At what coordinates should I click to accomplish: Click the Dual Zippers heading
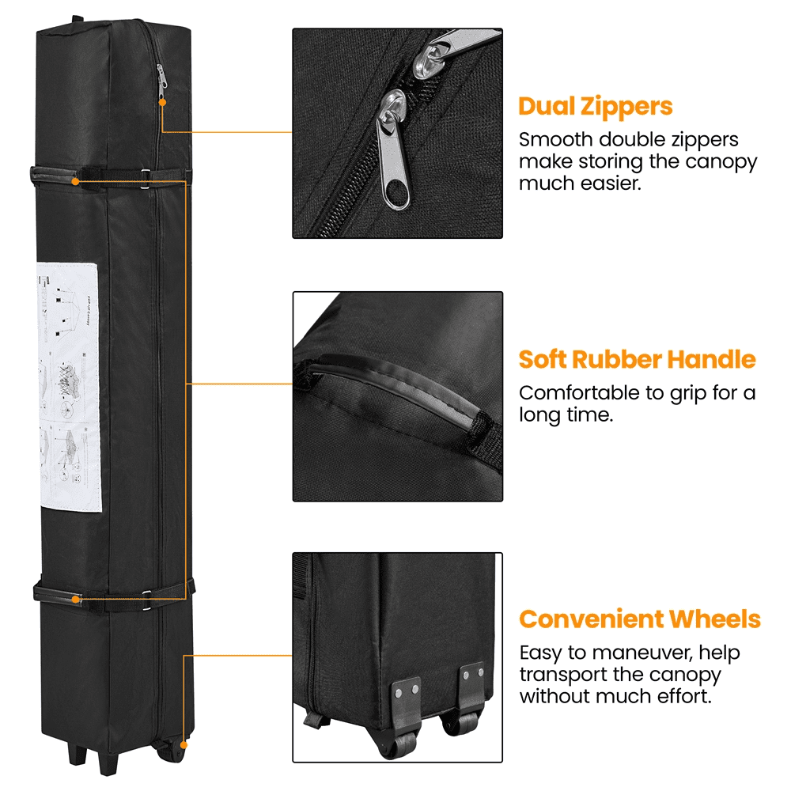point(595,107)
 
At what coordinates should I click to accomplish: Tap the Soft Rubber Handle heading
point(637,360)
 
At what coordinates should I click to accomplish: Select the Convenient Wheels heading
point(639,619)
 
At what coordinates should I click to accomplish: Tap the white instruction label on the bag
point(70,387)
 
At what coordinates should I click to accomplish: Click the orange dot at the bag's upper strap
point(75,181)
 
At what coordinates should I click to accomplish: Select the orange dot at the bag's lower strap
point(75,599)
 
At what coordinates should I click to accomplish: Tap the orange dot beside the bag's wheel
point(184,744)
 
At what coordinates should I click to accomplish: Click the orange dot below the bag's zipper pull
point(161,101)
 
